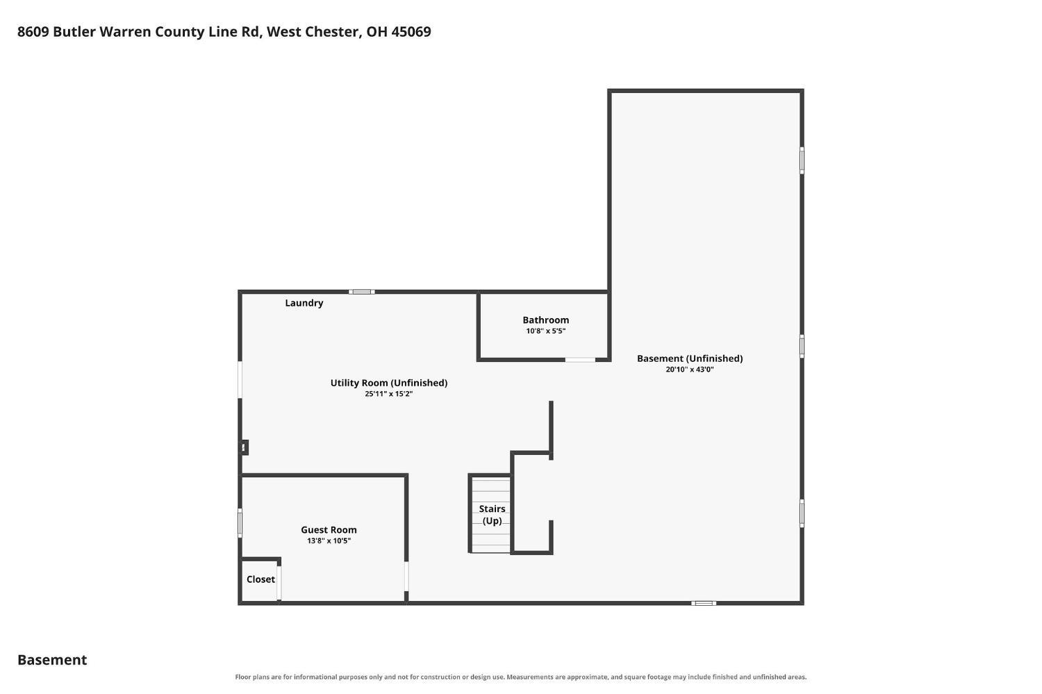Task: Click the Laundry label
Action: point(304,303)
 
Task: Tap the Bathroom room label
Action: point(545,320)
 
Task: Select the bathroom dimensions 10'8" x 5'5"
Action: point(545,331)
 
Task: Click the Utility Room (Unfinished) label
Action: point(389,383)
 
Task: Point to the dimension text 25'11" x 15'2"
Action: point(389,394)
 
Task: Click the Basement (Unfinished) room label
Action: point(690,358)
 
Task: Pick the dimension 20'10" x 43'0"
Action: point(690,370)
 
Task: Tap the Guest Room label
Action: point(329,530)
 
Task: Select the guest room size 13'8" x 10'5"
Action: point(329,541)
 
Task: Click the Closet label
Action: point(260,579)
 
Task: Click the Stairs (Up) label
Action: point(492,515)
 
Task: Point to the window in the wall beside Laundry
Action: point(361,292)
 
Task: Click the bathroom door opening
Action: point(580,360)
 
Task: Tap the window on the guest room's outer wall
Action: point(240,523)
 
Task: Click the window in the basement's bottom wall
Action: point(703,603)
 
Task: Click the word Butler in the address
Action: point(74,32)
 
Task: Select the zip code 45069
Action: point(411,32)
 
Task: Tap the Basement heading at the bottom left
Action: point(52,660)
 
